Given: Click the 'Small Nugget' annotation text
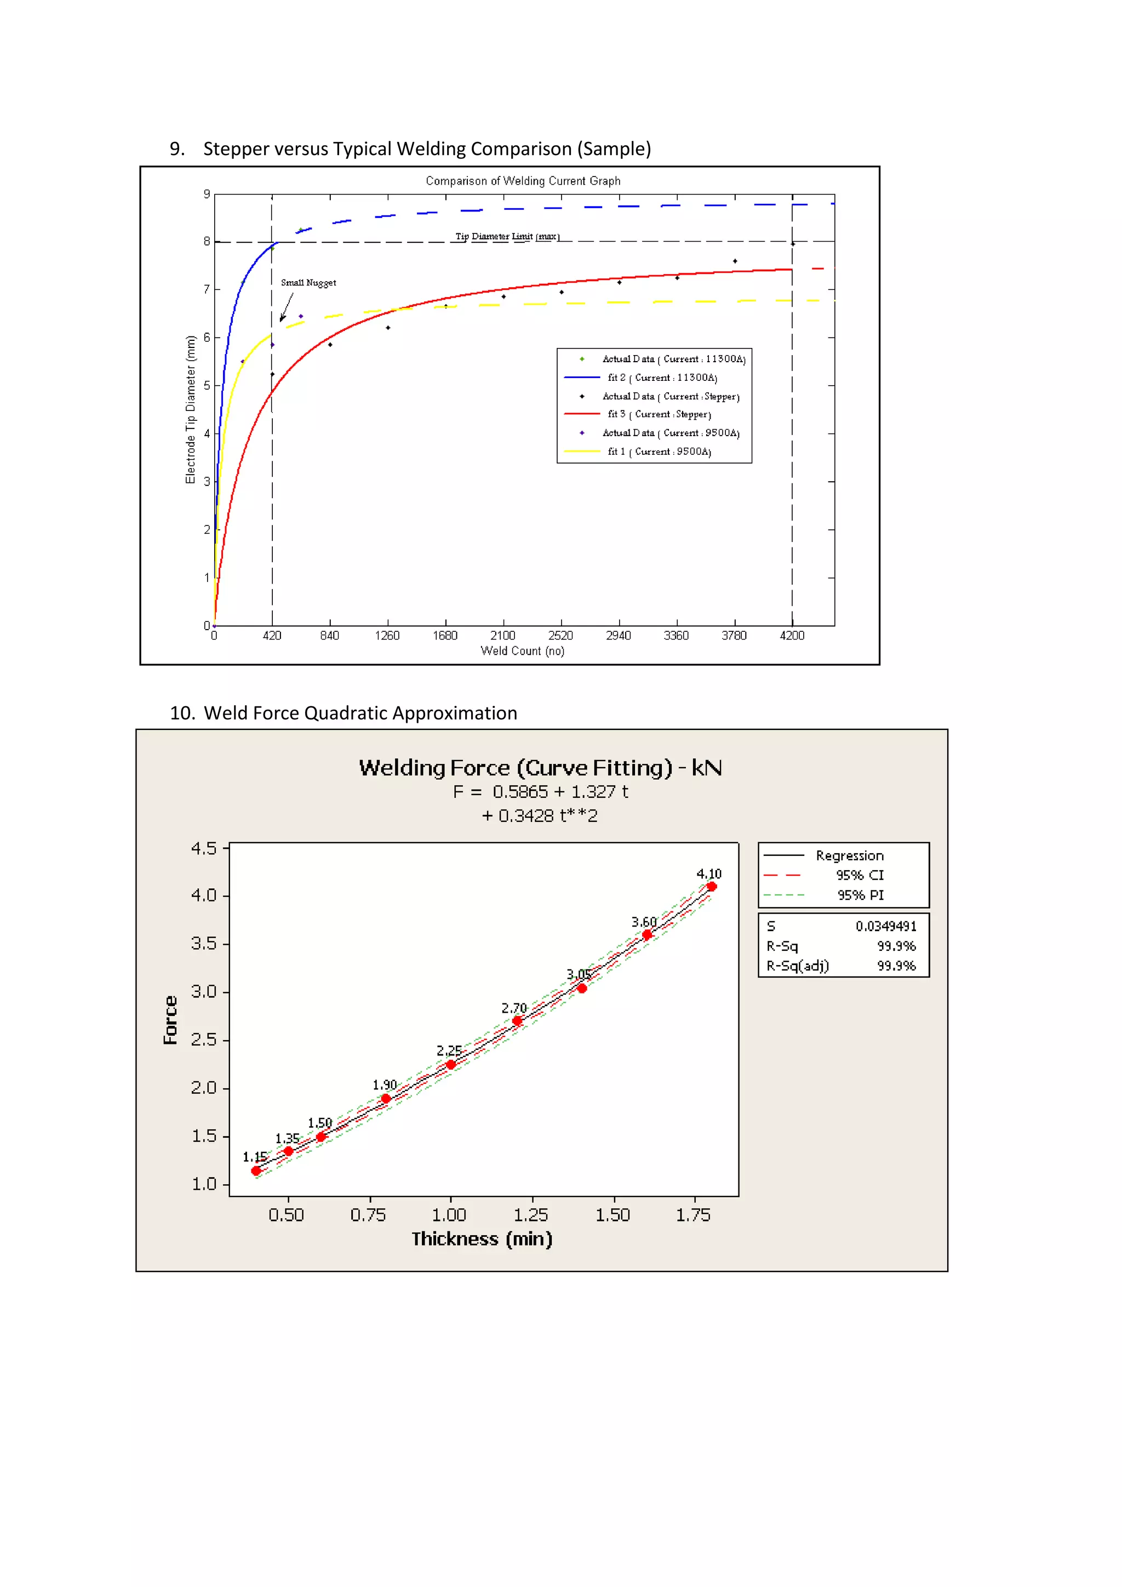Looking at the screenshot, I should click(x=308, y=283).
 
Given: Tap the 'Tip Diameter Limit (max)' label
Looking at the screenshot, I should click(x=507, y=236).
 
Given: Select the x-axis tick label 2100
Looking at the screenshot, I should click(x=502, y=635).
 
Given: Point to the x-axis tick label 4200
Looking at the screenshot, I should click(x=792, y=635).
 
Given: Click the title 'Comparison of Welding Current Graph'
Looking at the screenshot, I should click(x=523, y=181).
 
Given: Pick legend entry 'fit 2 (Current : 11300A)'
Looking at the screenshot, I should click(x=662, y=378).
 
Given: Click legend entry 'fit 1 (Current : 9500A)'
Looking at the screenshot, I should click(x=659, y=452).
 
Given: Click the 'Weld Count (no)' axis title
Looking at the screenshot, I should click(x=522, y=651).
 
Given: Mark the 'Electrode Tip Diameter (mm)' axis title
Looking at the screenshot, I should click(x=191, y=409).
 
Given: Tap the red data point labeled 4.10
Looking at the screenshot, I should click(x=712, y=886).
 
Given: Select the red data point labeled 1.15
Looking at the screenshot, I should click(x=256, y=1171).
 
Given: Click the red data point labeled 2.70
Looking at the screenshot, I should click(x=517, y=1021).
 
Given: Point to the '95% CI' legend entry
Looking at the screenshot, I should click(x=860, y=875).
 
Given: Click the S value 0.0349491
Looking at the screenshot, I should click(x=886, y=926).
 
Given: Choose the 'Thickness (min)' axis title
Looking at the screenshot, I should click(x=482, y=1238).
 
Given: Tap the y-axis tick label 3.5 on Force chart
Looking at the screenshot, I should click(x=204, y=944).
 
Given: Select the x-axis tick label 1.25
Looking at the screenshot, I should click(x=531, y=1215).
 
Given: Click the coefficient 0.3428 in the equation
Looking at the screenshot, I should click(x=526, y=815).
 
